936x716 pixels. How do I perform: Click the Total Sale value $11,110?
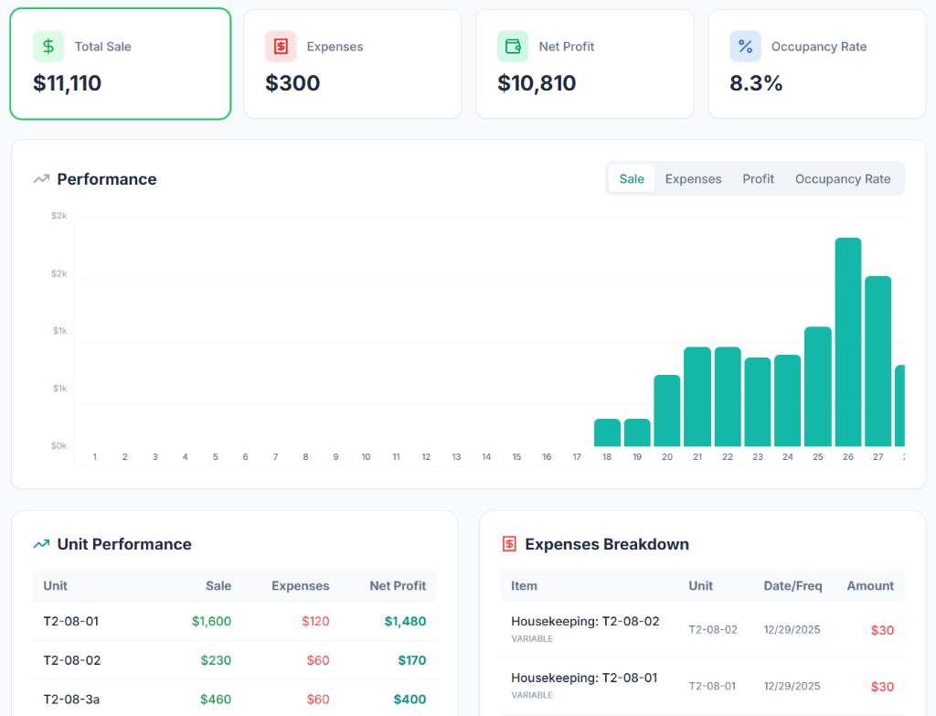tap(67, 83)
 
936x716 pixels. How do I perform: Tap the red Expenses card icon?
tap(281, 47)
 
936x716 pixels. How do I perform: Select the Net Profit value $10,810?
tap(537, 83)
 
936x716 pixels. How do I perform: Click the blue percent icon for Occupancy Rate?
tap(745, 47)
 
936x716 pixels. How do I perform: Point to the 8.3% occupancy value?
tap(756, 83)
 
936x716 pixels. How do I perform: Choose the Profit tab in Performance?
tap(758, 179)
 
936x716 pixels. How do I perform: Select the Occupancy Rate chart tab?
tap(842, 179)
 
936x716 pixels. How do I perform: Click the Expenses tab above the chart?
tap(693, 179)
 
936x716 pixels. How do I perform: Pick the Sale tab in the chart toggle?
tap(632, 179)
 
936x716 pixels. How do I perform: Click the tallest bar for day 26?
tap(847, 342)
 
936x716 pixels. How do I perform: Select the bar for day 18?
tap(607, 433)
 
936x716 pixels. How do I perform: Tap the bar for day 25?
tap(817, 386)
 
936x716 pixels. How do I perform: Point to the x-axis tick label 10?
tap(366, 456)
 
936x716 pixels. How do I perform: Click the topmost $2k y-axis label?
tap(59, 216)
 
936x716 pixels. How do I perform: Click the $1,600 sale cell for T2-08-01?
tap(211, 621)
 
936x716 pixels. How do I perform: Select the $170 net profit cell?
tap(411, 660)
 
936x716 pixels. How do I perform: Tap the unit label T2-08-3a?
tap(71, 700)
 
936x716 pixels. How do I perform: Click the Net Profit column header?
tap(398, 586)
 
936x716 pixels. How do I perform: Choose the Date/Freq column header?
tap(792, 586)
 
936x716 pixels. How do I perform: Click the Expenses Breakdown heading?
tap(606, 544)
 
